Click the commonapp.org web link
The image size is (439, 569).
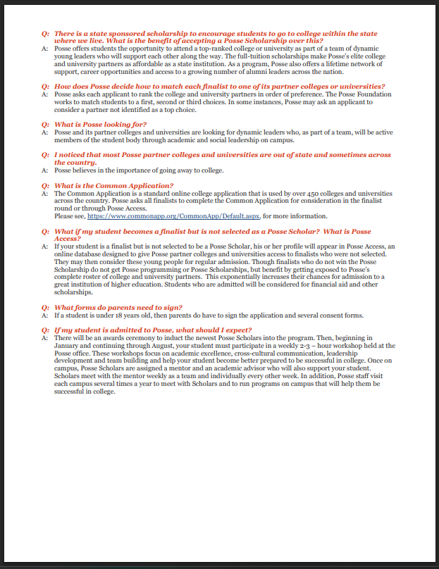pos(179,216)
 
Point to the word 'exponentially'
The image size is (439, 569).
pos(231,277)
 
